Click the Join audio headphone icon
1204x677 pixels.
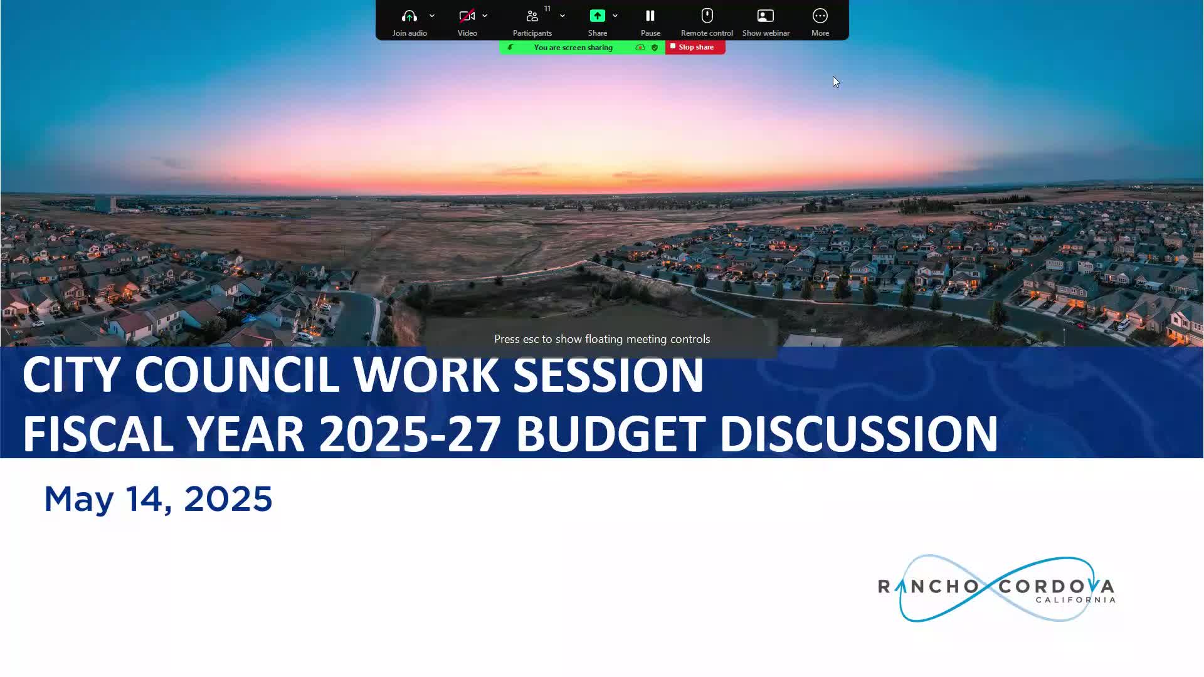tap(409, 16)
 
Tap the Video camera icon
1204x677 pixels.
tap(467, 16)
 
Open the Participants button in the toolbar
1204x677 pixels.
tap(532, 22)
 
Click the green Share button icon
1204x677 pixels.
tap(598, 16)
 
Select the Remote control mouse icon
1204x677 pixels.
tap(707, 16)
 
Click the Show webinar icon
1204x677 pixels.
tap(766, 16)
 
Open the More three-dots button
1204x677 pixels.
tap(820, 22)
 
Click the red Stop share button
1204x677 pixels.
tap(695, 47)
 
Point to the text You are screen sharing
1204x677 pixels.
tap(573, 48)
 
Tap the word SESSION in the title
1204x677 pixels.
tap(608, 375)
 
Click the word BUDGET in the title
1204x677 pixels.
tap(611, 434)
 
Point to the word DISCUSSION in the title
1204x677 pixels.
tap(858, 434)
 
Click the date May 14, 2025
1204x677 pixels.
tap(158, 500)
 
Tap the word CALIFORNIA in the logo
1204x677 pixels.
tap(1075, 600)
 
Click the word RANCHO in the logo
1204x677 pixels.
tap(928, 587)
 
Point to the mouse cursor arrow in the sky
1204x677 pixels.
tap(836, 82)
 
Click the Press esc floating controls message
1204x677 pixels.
tap(602, 339)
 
